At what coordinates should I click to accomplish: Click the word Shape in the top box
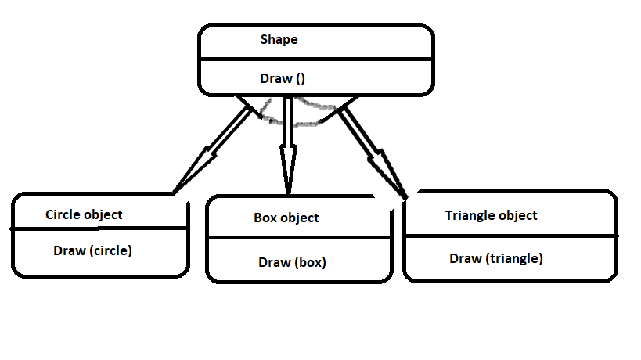point(279,39)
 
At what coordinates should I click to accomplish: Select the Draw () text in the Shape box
point(282,78)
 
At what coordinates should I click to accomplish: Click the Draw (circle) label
point(92,251)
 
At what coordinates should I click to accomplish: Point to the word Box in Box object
point(265,218)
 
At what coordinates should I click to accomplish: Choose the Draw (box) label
point(292,262)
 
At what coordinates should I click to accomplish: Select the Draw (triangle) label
point(495,257)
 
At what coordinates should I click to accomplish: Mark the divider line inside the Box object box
point(297,237)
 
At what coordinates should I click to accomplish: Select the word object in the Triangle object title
point(517,215)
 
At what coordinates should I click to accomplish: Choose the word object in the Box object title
point(300,218)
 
